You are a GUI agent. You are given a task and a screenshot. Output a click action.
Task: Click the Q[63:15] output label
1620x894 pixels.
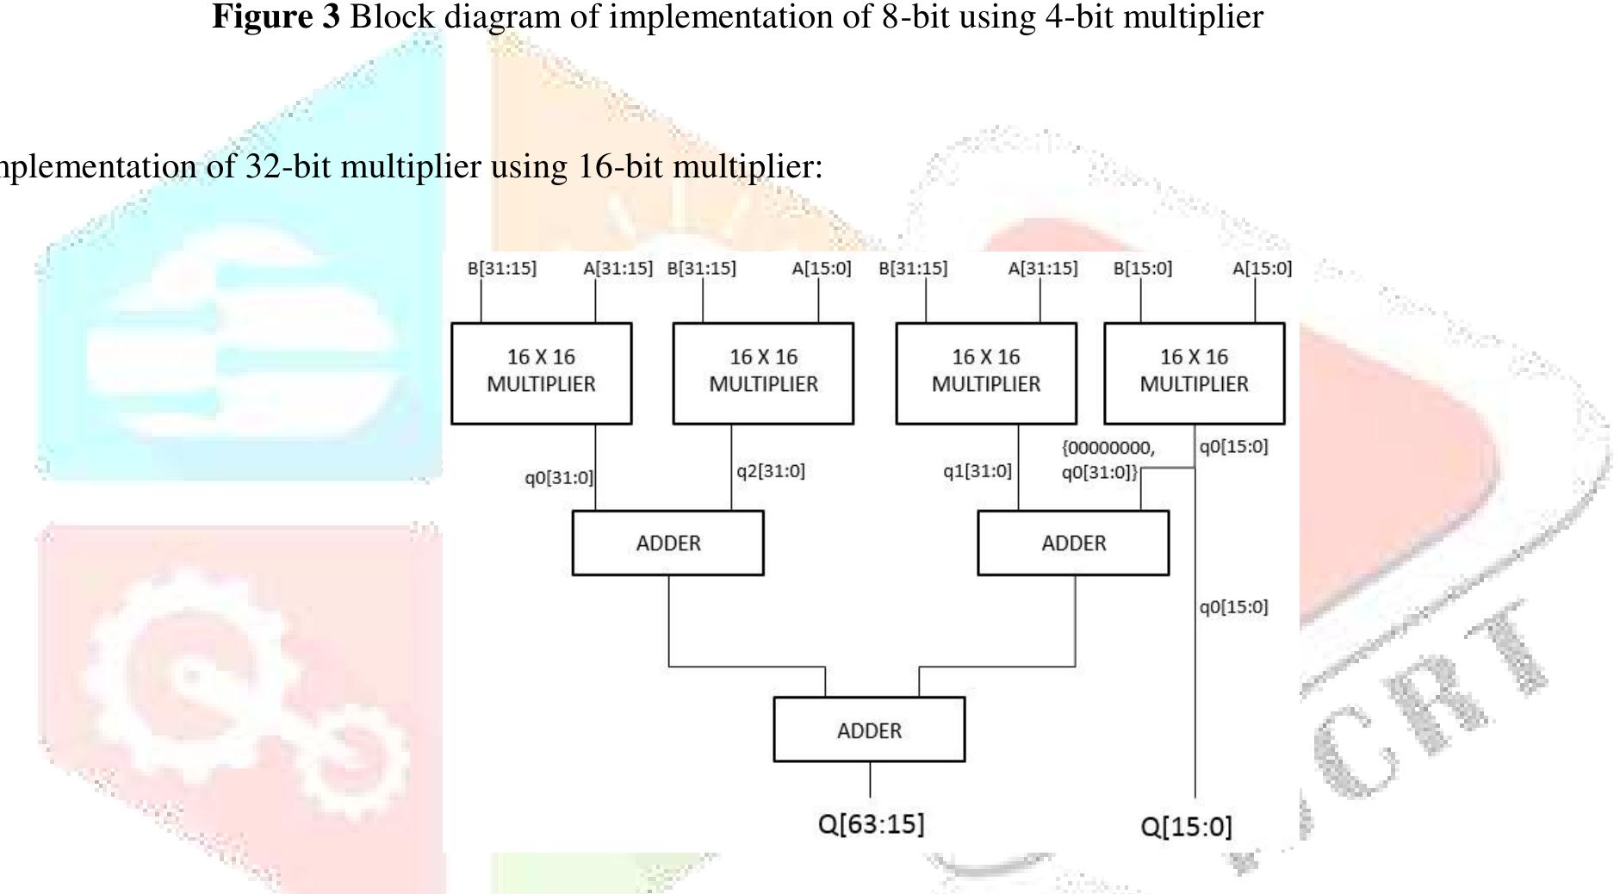pyautogui.click(x=871, y=824)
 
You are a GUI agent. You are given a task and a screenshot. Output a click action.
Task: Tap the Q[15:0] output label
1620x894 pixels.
pyautogui.click(x=1186, y=827)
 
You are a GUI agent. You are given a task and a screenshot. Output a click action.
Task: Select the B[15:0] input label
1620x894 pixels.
pyautogui.click(x=1142, y=269)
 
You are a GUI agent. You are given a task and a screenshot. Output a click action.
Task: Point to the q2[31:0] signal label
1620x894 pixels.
pyautogui.click(x=770, y=471)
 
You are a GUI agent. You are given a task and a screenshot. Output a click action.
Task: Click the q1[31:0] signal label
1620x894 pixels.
pyautogui.click(x=977, y=471)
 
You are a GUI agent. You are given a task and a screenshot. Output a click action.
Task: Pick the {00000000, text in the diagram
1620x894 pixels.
pyautogui.click(x=1108, y=449)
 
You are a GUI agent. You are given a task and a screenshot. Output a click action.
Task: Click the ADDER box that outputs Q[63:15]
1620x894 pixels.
pyautogui.click(x=869, y=730)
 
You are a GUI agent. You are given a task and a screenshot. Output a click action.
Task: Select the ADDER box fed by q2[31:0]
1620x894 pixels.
pyautogui.click(x=667, y=543)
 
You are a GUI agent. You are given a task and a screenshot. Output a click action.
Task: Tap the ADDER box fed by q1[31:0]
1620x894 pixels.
pyautogui.click(x=1073, y=543)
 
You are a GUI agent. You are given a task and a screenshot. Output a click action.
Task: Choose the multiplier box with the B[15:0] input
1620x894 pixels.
pyautogui.click(x=1194, y=373)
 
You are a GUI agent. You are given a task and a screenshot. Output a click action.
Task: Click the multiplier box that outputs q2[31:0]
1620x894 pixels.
pyautogui.click(x=763, y=373)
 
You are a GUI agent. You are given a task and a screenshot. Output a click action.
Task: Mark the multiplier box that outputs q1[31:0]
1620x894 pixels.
pyautogui.click(x=986, y=373)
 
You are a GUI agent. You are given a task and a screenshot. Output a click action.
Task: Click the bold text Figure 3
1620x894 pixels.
pyautogui.click(x=276, y=16)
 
